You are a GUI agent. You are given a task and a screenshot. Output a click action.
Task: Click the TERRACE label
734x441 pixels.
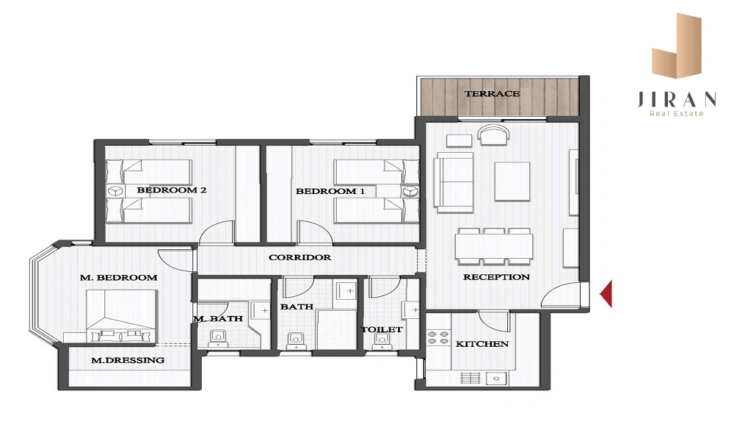(x=492, y=94)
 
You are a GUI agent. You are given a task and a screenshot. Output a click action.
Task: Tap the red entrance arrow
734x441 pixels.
(x=606, y=294)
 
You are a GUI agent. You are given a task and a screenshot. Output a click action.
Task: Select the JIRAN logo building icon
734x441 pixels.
(x=677, y=46)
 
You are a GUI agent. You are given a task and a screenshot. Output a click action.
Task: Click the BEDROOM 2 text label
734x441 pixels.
(x=171, y=190)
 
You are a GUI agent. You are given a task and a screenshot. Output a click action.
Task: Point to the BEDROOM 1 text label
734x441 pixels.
(x=330, y=191)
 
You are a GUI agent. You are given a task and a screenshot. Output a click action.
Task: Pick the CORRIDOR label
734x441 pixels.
(x=299, y=257)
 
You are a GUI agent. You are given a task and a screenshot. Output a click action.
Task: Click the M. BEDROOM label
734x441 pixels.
(x=118, y=277)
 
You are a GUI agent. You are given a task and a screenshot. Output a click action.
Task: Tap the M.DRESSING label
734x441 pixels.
(x=127, y=360)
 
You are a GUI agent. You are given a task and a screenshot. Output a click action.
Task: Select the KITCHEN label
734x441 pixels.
(x=482, y=344)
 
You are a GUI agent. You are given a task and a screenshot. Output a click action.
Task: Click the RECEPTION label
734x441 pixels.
(x=496, y=277)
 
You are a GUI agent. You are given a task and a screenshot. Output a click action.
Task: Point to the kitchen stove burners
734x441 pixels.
(x=439, y=338)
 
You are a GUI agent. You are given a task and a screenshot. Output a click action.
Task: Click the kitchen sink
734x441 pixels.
(x=496, y=378)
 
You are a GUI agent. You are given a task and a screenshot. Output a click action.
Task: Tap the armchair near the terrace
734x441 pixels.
(x=493, y=135)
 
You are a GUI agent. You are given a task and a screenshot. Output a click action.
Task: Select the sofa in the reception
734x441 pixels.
(x=454, y=179)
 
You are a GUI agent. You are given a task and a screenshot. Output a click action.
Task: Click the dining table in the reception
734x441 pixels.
(x=494, y=246)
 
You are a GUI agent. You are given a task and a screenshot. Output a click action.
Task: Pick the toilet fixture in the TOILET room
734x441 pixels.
(x=383, y=341)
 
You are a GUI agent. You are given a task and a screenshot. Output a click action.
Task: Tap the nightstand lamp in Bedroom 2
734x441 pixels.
(x=116, y=191)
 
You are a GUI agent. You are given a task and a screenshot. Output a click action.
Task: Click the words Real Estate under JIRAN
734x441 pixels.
(x=677, y=113)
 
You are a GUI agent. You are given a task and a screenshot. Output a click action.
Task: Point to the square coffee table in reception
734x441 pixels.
(x=512, y=182)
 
